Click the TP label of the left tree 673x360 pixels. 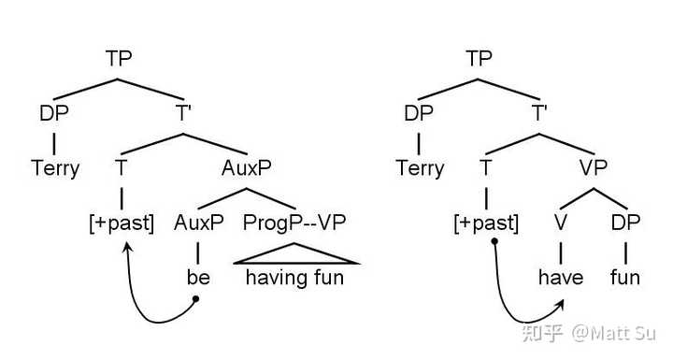[119, 58]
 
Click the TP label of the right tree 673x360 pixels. [479, 58]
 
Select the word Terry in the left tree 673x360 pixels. [55, 168]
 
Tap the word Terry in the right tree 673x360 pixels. [420, 168]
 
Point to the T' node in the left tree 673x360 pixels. [183, 113]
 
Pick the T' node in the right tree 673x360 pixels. [539, 113]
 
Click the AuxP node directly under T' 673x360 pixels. [247, 168]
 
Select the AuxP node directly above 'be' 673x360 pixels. [199, 223]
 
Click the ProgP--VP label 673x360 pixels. [294, 223]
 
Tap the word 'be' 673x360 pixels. [198, 277]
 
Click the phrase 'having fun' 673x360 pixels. [294, 278]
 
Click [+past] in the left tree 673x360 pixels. [122, 223]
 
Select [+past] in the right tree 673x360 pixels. [486, 223]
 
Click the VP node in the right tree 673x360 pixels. [594, 168]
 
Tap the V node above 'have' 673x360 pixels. [561, 223]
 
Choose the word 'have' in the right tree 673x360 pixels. [561, 277]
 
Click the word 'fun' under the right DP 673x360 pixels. [625, 277]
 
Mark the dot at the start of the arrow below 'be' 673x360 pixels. [195, 298]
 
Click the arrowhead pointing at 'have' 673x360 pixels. [559, 305]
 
